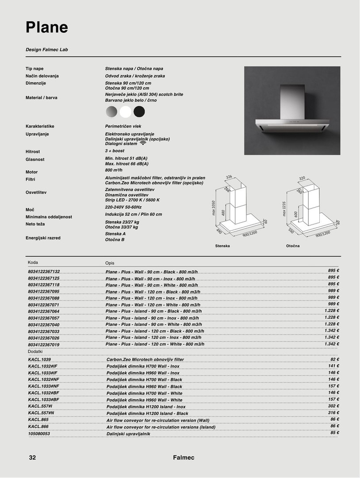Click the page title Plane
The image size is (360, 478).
[x=47, y=27]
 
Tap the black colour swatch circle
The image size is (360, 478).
[x=139, y=112]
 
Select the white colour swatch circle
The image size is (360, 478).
[x=126, y=112]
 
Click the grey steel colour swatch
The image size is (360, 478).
[x=112, y=112]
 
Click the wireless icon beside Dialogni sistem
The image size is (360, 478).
[x=143, y=143]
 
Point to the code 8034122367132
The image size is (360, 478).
[x=44, y=271]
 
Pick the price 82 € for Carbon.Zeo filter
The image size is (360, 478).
[x=334, y=359]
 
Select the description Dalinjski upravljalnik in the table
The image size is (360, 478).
[x=128, y=434]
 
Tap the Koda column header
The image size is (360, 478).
[x=33, y=262]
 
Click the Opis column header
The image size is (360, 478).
[x=110, y=263]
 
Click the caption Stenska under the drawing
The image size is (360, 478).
[x=222, y=246]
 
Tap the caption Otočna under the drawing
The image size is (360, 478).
[x=293, y=246]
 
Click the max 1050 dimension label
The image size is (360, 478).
[x=213, y=208]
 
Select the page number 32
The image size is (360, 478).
[x=32, y=458]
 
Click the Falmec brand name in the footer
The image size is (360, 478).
[x=184, y=458]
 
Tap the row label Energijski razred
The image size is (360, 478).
[x=43, y=238]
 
